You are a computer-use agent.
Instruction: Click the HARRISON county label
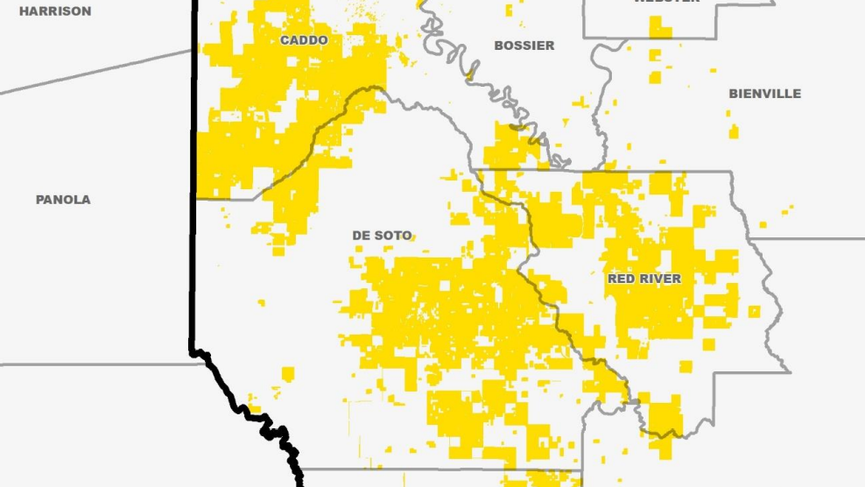tap(55, 11)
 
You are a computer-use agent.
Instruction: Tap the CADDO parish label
tap(304, 40)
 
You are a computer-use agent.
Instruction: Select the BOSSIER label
tap(524, 46)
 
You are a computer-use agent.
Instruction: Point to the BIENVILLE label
tap(764, 94)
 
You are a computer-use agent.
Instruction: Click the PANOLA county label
tap(63, 200)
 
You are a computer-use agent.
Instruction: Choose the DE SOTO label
tap(382, 236)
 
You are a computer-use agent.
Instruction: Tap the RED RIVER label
tap(644, 279)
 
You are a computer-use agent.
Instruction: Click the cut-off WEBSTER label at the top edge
tap(667, 2)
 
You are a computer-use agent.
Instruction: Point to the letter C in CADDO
tap(285, 40)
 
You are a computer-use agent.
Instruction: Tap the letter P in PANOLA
tap(39, 200)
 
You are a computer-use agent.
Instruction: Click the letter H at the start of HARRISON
tap(24, 11)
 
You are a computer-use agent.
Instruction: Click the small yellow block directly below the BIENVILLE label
tap(734, 131)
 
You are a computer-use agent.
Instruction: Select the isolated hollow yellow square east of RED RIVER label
tap(754, 311)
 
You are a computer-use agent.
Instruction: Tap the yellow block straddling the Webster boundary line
tap(660, 30)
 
